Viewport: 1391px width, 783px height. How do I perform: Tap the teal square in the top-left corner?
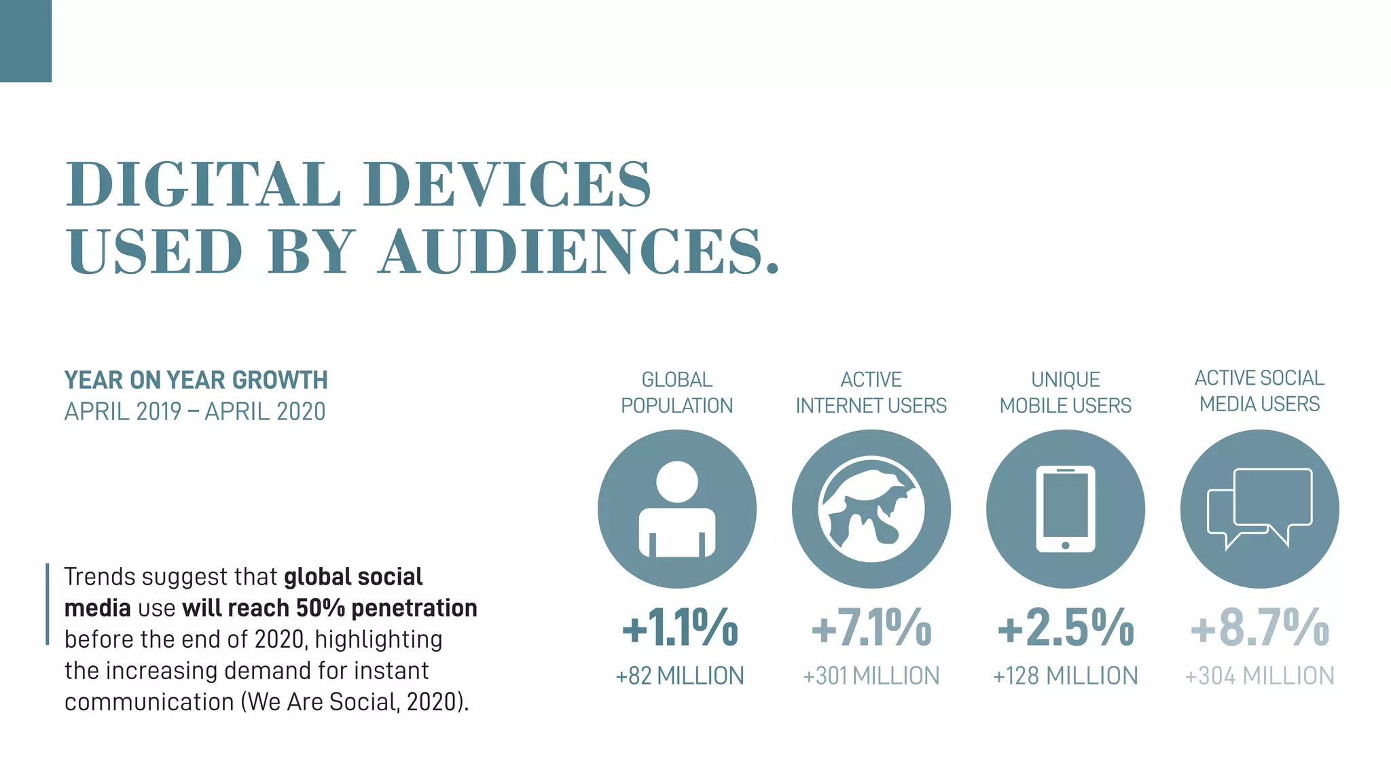pyautogui.click(x=25, y=41)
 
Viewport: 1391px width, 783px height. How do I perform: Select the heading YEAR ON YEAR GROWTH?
pyautogui.click(x=196, y=380)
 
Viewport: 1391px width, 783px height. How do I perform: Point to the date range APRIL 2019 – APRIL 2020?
pyautogui.click(x=195, y=412)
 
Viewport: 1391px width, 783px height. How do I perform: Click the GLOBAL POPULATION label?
pyautogui.click(x=676, y=392)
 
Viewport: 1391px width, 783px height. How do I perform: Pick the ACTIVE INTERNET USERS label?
pyautogui.click(x=871, y=392)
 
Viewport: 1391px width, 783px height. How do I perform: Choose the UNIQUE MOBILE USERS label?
pyautogui.click(x=1065, y=392)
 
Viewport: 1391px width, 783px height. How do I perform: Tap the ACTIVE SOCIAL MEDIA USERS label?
pyautogui.click(x=1259, y=391)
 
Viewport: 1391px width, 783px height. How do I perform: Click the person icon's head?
pyautogui.click(x=677, y=482)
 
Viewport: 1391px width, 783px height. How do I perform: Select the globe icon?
pyautogui.click(x=871, y=509)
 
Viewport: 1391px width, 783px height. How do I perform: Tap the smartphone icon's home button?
pyautogui.click(x=1065, y=545)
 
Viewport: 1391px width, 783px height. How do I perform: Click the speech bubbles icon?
pyautogui.click(x=1261, y=508)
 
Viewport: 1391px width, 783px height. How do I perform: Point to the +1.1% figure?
pyautogui.click(x=680, y=627)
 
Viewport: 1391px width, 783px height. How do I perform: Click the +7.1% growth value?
pyautogui.click(x=871, y=627)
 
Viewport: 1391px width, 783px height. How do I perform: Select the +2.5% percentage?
pyautogui.click(x=1065, y=627)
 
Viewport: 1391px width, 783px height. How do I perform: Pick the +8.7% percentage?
pyautogui.click(x=1259, y=627)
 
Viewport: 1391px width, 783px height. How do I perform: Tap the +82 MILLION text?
pyautogui.click(x=680, y=676)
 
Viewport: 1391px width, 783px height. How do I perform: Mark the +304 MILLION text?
pyautogui.click(x=1259, y=676)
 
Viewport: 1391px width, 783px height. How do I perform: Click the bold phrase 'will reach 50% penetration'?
pyautogui.click(x=329, y=608)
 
